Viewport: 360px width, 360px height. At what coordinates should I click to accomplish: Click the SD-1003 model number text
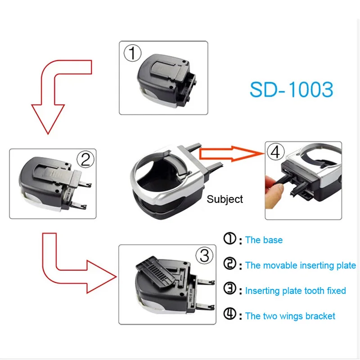click(292, 89)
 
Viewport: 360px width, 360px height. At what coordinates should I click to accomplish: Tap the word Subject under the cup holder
click(225, 199)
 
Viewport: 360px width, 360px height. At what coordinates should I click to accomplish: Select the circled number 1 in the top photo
click(132, 54)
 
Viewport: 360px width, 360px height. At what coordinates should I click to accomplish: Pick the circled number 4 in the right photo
click(275, 152)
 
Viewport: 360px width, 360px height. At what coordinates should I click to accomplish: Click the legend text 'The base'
click(264, 240)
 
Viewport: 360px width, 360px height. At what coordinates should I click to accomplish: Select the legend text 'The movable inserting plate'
click(300, 265)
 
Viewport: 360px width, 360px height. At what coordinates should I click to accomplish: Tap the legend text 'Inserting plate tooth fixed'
click(295, 291)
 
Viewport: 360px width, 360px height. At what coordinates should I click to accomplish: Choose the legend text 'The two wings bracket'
click(290, 316)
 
